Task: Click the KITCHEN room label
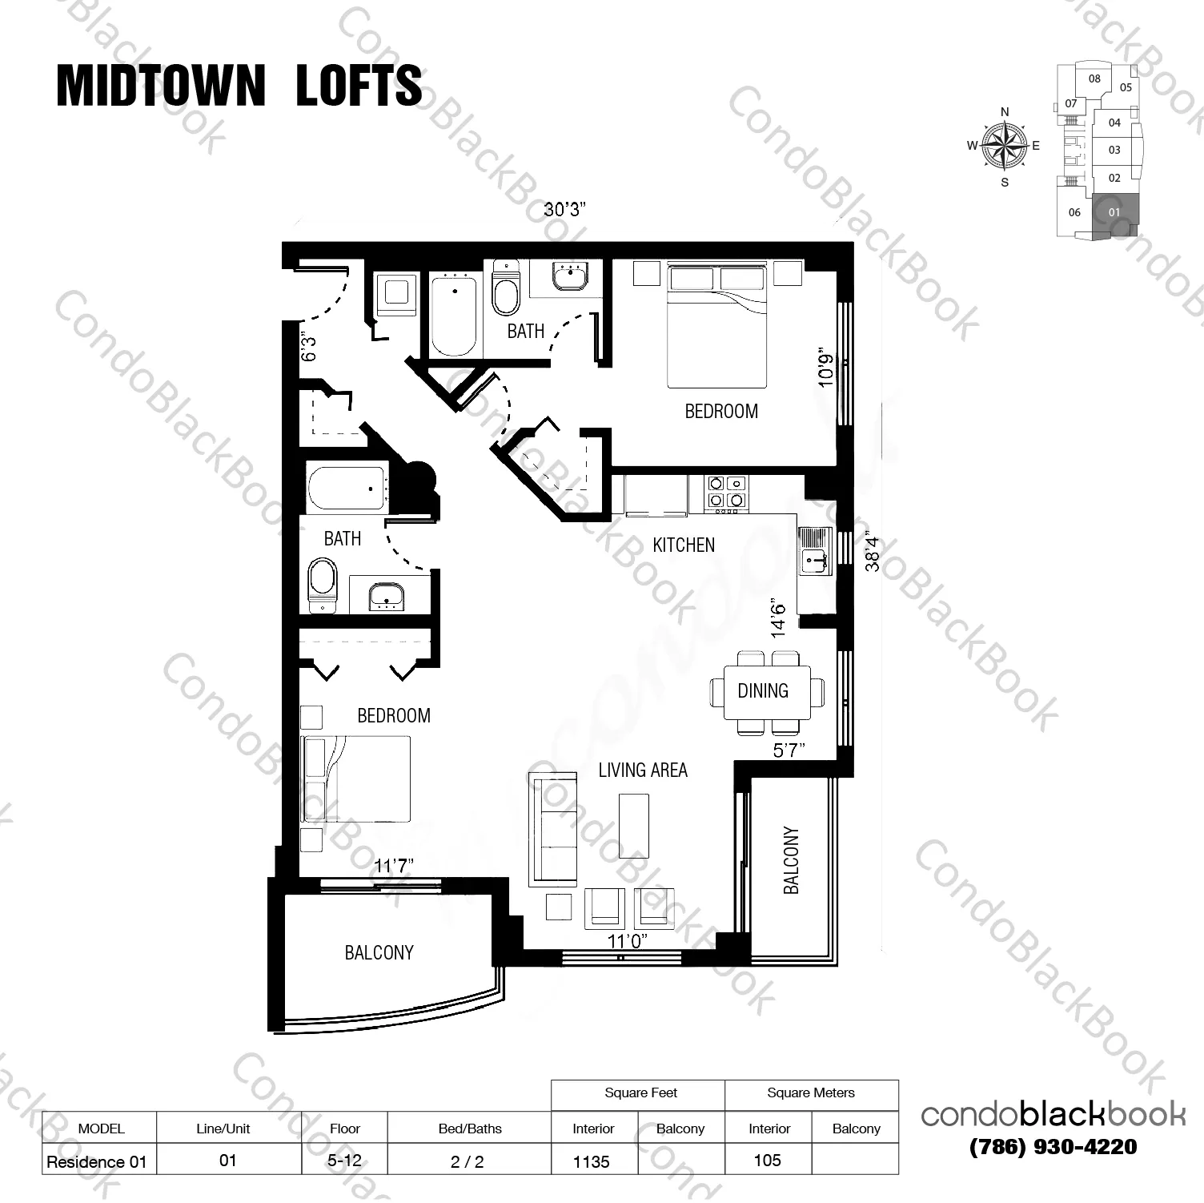[683, 545]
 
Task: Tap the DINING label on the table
[762, 690]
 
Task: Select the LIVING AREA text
[643, 770]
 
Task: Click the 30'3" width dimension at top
[565, 210]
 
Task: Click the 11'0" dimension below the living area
[627, 941]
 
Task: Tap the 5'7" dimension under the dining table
[789, 750]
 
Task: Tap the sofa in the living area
[552, 829]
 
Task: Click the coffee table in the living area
[634, 825]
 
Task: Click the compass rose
[1004, 146]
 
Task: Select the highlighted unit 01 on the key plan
[1114, 213]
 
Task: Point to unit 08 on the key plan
[1094, 79]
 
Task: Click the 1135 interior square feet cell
[592, 1161]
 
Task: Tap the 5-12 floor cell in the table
[344, 1161]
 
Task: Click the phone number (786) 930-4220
[1053, 1147]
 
